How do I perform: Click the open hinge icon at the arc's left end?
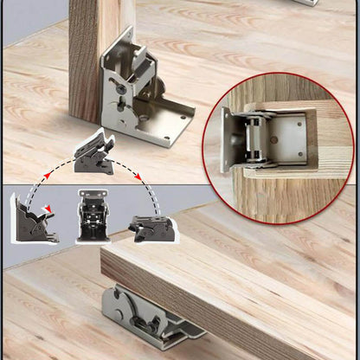(32, 220)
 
